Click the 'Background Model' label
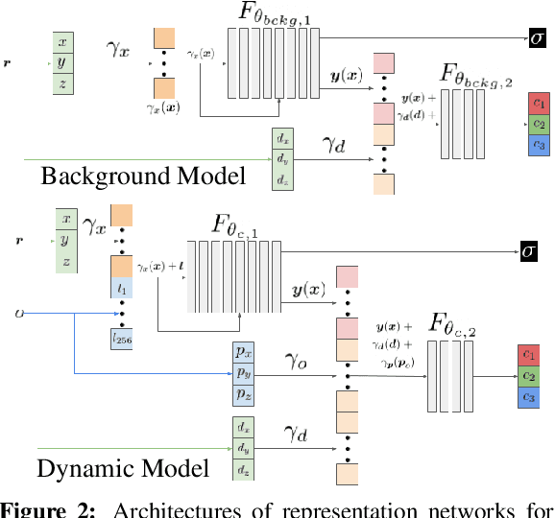pos(142,176)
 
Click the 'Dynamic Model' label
pos(123,468)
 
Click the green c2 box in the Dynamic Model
pos(528,375)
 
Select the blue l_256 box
pos(122,338)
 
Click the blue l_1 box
pos(122,285)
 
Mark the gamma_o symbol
pos(294,361)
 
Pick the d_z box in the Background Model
pos(283,178)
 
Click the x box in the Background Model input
pos(63,43)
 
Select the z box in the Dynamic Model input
pos(64,260)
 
